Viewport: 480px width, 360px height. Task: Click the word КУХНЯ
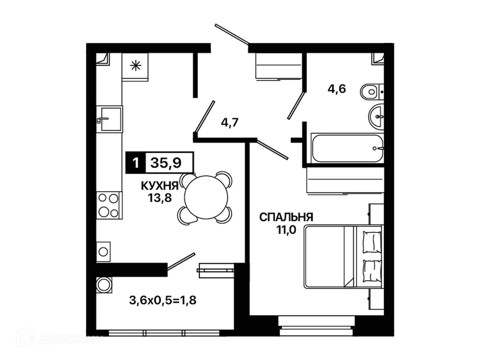160,186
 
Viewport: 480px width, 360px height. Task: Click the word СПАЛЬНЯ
286,217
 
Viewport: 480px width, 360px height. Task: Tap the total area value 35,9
166,163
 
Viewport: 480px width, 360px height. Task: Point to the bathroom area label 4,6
337,89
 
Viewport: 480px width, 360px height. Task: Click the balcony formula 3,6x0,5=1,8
163,300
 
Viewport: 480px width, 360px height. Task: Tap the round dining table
206,197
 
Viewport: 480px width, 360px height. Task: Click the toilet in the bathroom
372,92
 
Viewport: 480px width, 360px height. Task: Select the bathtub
347,148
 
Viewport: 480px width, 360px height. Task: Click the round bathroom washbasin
376,117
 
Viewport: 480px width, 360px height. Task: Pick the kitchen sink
110,119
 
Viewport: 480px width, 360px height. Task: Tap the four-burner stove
109,205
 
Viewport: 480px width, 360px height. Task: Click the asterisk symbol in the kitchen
136,66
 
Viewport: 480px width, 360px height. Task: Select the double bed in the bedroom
343,257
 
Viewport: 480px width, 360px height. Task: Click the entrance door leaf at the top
232,34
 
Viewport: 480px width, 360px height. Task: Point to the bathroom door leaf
296,106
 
